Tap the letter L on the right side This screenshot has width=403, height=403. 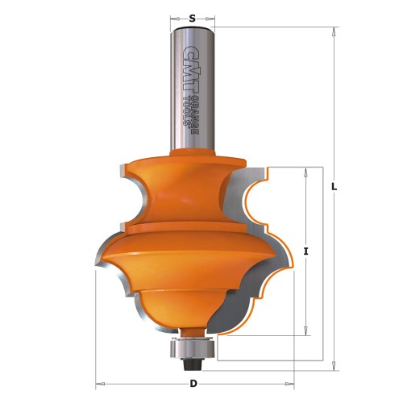(333, 187)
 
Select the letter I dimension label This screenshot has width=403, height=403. (306, 251)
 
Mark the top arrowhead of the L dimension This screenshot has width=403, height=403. (333, 31)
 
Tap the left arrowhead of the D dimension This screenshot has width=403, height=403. (100, 382)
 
